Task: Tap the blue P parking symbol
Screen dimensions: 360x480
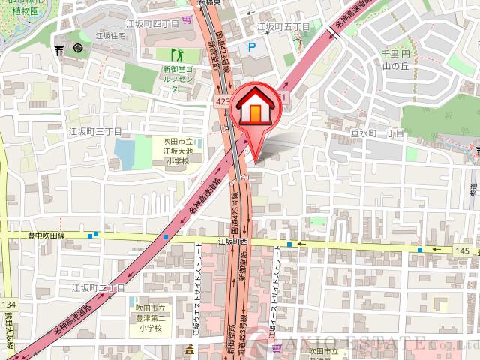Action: tap(252, 46)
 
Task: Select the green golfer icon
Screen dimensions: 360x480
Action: tap(178, 54)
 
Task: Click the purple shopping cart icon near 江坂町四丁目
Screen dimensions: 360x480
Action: tap(184, 16)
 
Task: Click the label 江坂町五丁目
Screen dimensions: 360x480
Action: tap(283, 26)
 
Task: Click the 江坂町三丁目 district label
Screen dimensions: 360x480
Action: tap(89, 131)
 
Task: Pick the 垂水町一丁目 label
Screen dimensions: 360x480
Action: tap(377, 132)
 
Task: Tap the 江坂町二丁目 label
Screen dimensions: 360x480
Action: tap(97, 287)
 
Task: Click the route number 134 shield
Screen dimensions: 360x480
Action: tap(8, 304)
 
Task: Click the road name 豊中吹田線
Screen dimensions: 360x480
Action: tap(47, 235)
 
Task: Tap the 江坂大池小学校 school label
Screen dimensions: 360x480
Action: tap(178, 150)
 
